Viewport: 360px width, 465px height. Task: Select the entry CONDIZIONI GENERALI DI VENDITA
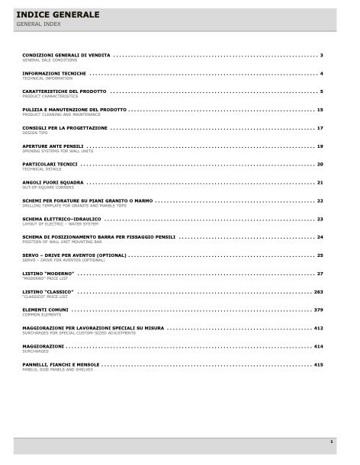point(66,56)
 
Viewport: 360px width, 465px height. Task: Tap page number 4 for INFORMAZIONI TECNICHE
point(322,74)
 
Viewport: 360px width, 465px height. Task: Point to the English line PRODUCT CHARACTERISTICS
point(50,96)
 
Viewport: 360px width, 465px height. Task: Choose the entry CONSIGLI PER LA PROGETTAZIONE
point(65,128)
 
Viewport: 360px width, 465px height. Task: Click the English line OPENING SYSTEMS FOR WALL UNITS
point(58,151)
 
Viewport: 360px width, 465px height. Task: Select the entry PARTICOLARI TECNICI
point(50,164)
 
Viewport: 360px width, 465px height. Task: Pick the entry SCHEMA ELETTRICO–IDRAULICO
point(62,219)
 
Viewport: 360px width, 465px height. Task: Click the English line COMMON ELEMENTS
point(42,314)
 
